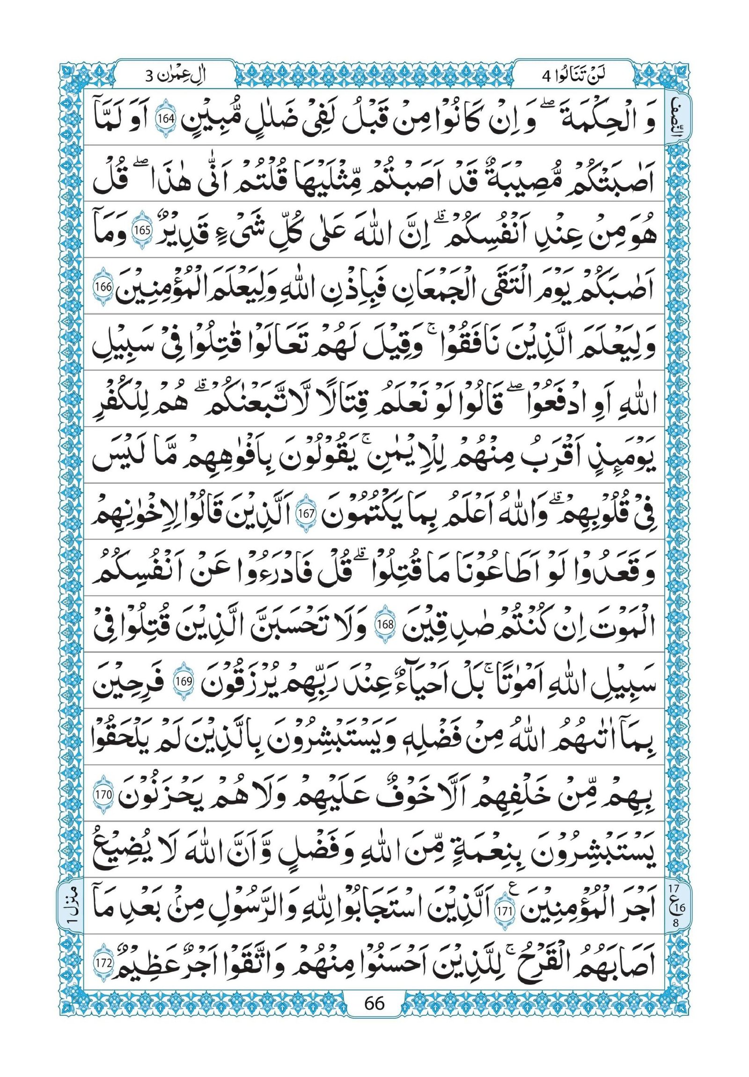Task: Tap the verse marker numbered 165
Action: pyautogui.click(x=140, y=231)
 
